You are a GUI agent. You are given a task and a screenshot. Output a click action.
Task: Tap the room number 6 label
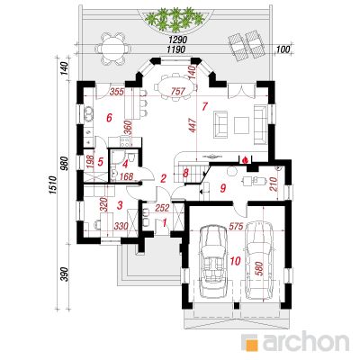pos(109,117)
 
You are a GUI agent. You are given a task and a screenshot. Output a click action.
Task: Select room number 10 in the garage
pos(235,261)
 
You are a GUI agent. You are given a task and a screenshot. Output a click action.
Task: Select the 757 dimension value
pos(178,91)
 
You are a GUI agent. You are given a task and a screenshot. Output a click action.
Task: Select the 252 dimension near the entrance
pos(163,208)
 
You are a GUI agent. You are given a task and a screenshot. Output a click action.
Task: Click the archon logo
pos(296,341)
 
